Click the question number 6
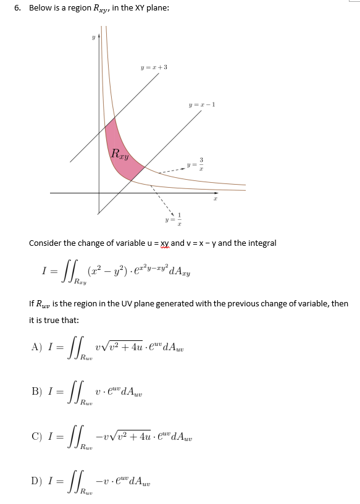click(17, 7)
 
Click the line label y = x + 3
click(154, 67)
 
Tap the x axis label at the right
click(215, 199)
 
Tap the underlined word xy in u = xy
click(165, 243)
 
